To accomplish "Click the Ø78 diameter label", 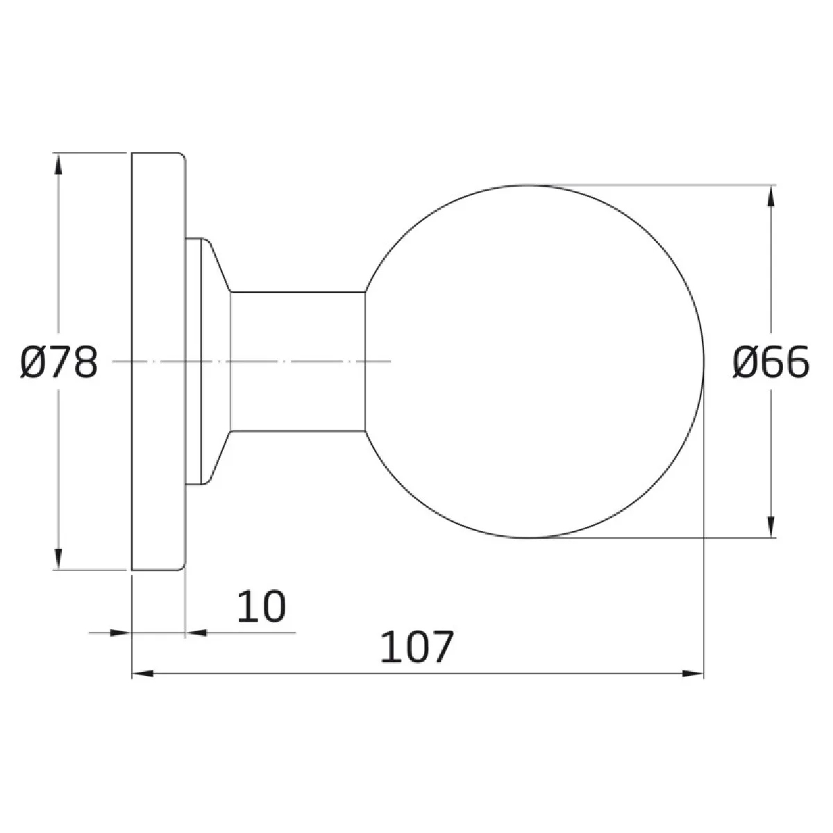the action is pyautogui.click(x=59, y=362).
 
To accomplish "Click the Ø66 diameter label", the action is pyautogui.click(x=771, y=362).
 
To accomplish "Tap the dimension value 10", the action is pyautogui.click(x=262, y=606).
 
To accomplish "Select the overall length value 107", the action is pyautogui.click(x=417, y=647).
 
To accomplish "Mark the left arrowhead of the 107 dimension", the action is pyautogui.click(x=143, y=673).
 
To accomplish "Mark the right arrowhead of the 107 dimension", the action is pyautogui.click(x=693, y=673).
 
